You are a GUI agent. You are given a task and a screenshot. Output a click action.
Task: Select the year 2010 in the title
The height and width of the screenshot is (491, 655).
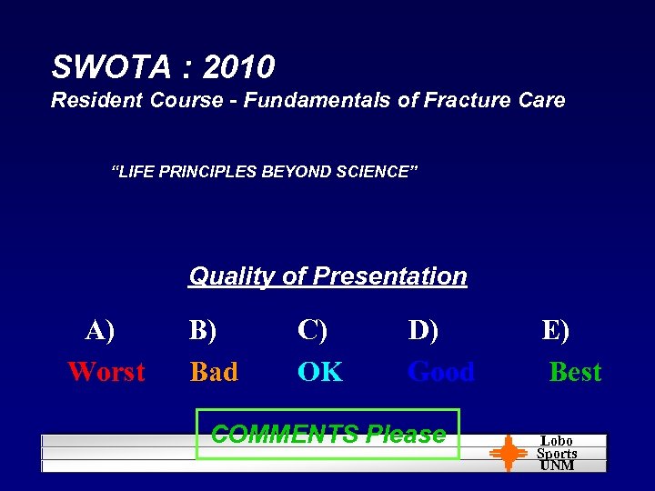click(x=239, y=67)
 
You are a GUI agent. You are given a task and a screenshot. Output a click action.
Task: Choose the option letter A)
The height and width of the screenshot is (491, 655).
click(x=100, y=330)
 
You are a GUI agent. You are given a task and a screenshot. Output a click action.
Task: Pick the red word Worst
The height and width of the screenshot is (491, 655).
click(x=106, y=372)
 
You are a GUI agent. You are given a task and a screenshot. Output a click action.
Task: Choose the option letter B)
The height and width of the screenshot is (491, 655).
click(x=203, y=330)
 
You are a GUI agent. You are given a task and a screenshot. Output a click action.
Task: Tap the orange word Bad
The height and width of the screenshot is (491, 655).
click(x=214, y=372)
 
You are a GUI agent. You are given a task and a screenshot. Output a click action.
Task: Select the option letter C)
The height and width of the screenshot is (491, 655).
click(x=312, y=330)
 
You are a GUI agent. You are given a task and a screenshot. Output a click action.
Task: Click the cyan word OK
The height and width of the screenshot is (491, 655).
click(x=320, y=372)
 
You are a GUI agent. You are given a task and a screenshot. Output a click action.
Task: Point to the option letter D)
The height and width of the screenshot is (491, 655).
click(x=423, y=330)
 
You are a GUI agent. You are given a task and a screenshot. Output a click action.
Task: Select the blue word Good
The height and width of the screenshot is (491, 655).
click(x=441, y=372)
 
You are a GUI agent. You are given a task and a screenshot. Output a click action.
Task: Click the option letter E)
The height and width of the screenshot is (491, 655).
click(x=556, y=330)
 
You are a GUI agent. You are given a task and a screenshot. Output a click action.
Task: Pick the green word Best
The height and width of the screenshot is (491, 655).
click(x=575, y=372)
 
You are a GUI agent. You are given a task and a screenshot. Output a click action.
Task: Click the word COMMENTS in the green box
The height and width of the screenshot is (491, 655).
click(x=285, y=435)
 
